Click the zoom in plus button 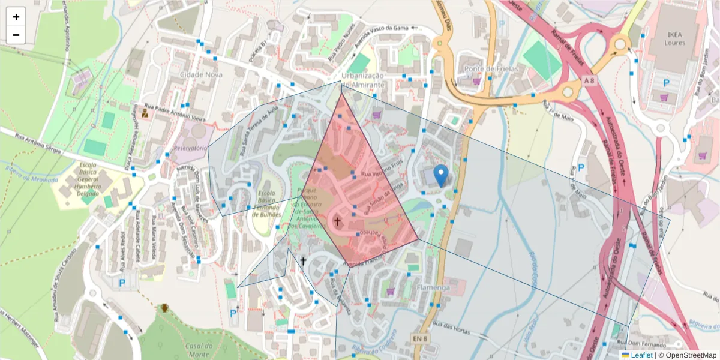pyautogui.click(x=16, y=17)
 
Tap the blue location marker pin pyautogui.click(x=441, y=175)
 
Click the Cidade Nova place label pyautogui.click(x=200, y=74)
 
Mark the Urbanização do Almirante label pyautogui.click(x=362, y=80)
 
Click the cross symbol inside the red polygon pyautogui.click(x=337, y=221)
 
